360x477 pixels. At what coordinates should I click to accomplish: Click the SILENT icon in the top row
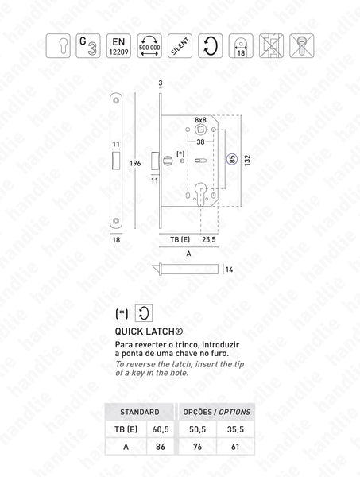pyautogui.click(x=180, y=46)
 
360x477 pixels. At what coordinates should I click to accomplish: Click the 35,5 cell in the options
pyautogui.click(x=232, y=430)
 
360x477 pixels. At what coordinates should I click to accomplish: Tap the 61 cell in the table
pyautogui.click(x=232, y=447)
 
